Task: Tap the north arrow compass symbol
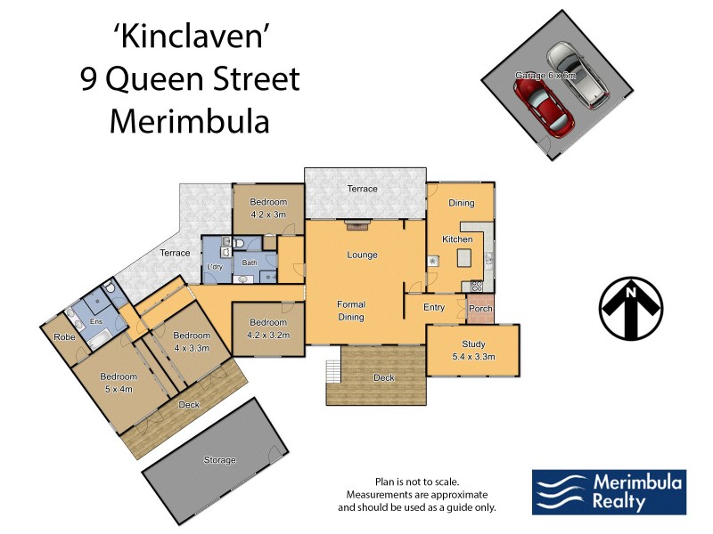(631, 309)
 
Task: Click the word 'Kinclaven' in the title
(189, 37)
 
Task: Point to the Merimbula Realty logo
(609, 492)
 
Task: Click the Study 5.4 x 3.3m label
(472, 350)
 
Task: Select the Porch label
(480, 309)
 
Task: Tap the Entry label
(434, 307)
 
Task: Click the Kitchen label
(457, 240)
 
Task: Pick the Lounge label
(362, 255)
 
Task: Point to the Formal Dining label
(350, 311)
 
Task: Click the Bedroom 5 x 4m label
(119, 382)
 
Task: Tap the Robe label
(64, 337)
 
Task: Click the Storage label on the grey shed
(219, 460)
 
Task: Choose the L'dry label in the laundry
(215, 267)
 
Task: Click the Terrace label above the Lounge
(363, 189)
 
